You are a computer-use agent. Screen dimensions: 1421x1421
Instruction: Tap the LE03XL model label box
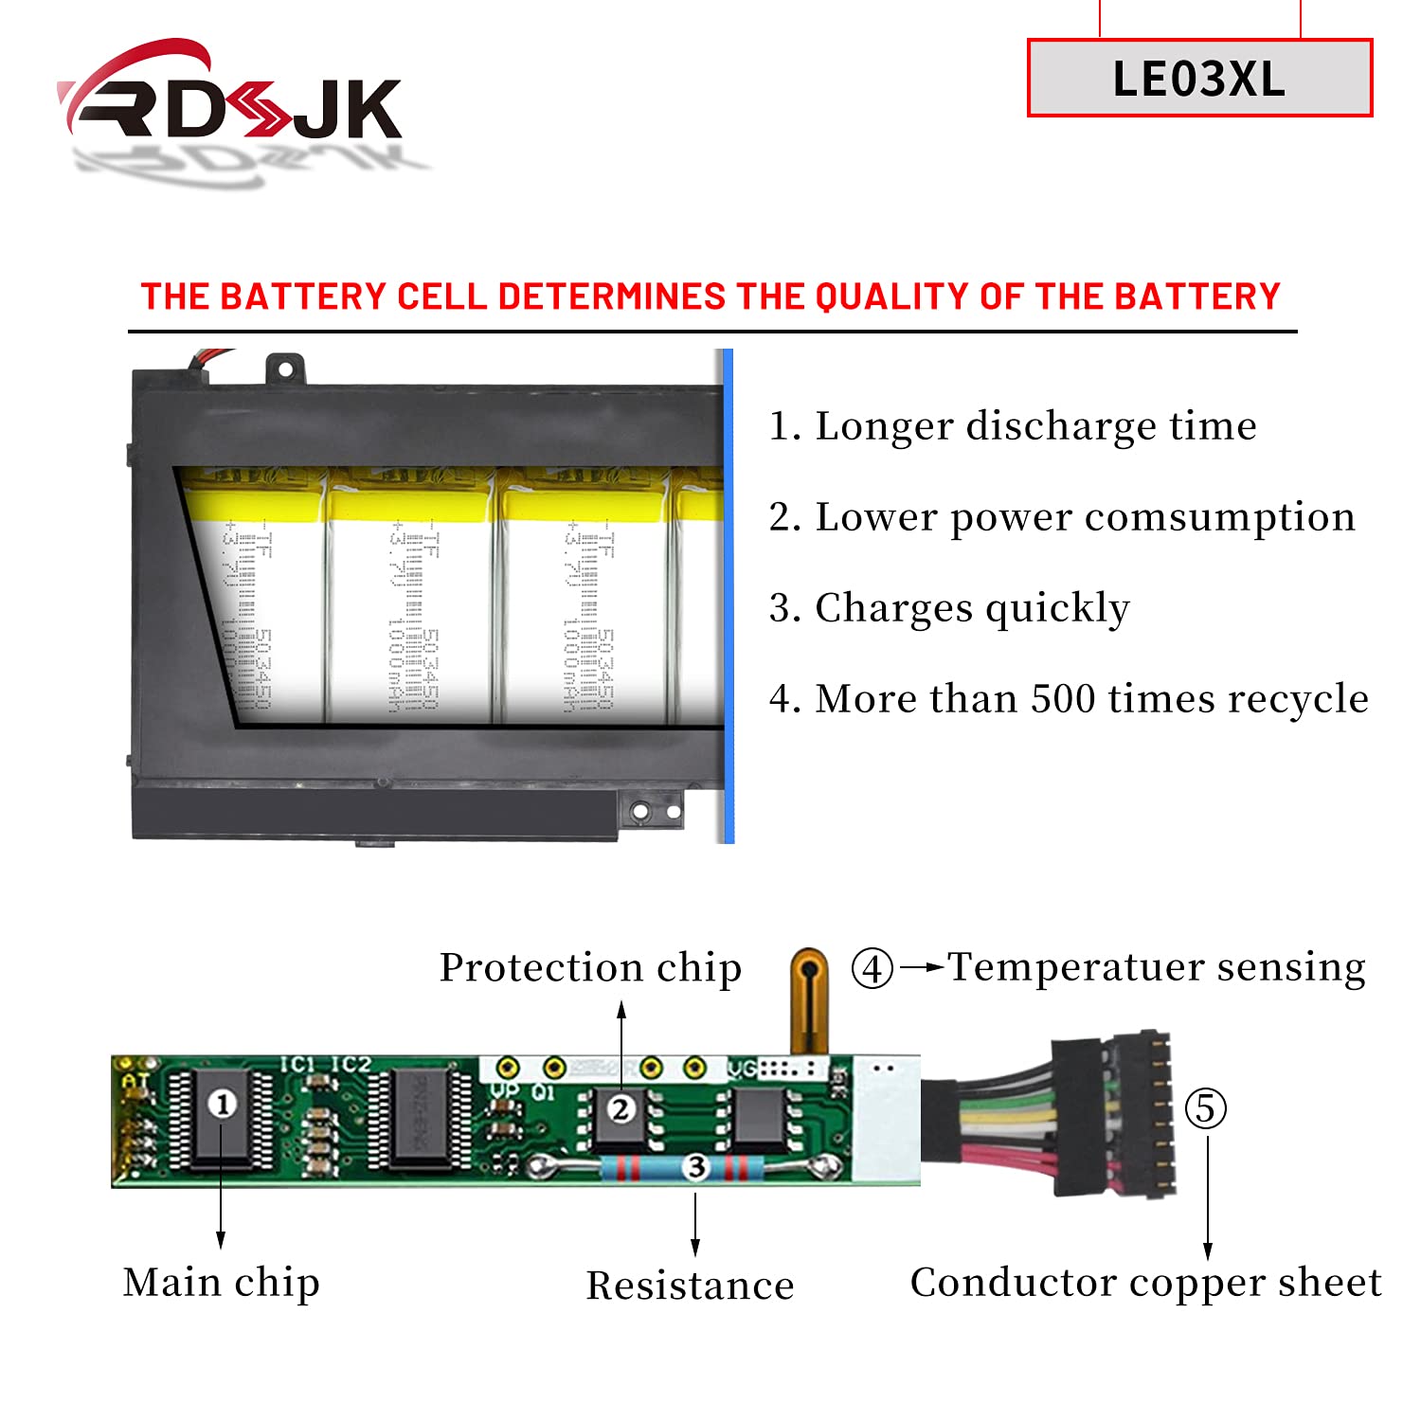pos(1199,79)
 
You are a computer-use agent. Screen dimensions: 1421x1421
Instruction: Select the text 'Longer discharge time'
pos(1035,425)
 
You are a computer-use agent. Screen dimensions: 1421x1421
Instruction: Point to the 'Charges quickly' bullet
pos(972,608)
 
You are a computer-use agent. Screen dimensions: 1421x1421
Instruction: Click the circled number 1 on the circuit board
pos(223,1104)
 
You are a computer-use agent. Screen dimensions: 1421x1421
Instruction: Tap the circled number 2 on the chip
pos(621,1108)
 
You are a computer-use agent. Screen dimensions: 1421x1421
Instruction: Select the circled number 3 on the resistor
pos(696,1167)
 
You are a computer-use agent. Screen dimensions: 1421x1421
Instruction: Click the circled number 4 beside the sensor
pos(872,968)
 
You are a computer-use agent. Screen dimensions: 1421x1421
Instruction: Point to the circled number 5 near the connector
pos(1206,1107)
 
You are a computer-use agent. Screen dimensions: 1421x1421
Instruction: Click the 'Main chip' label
pos(222,1283)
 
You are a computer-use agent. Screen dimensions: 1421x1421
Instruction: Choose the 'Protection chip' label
pos(590,967)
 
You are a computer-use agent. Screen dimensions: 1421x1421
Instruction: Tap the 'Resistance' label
pos(690,1286)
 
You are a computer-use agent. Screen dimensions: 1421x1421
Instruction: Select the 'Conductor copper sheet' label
pos(1145,1283)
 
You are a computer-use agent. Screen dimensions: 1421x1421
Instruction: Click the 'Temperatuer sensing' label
pos(1157,967)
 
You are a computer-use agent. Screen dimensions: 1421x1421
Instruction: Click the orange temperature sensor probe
pos(808,995)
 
